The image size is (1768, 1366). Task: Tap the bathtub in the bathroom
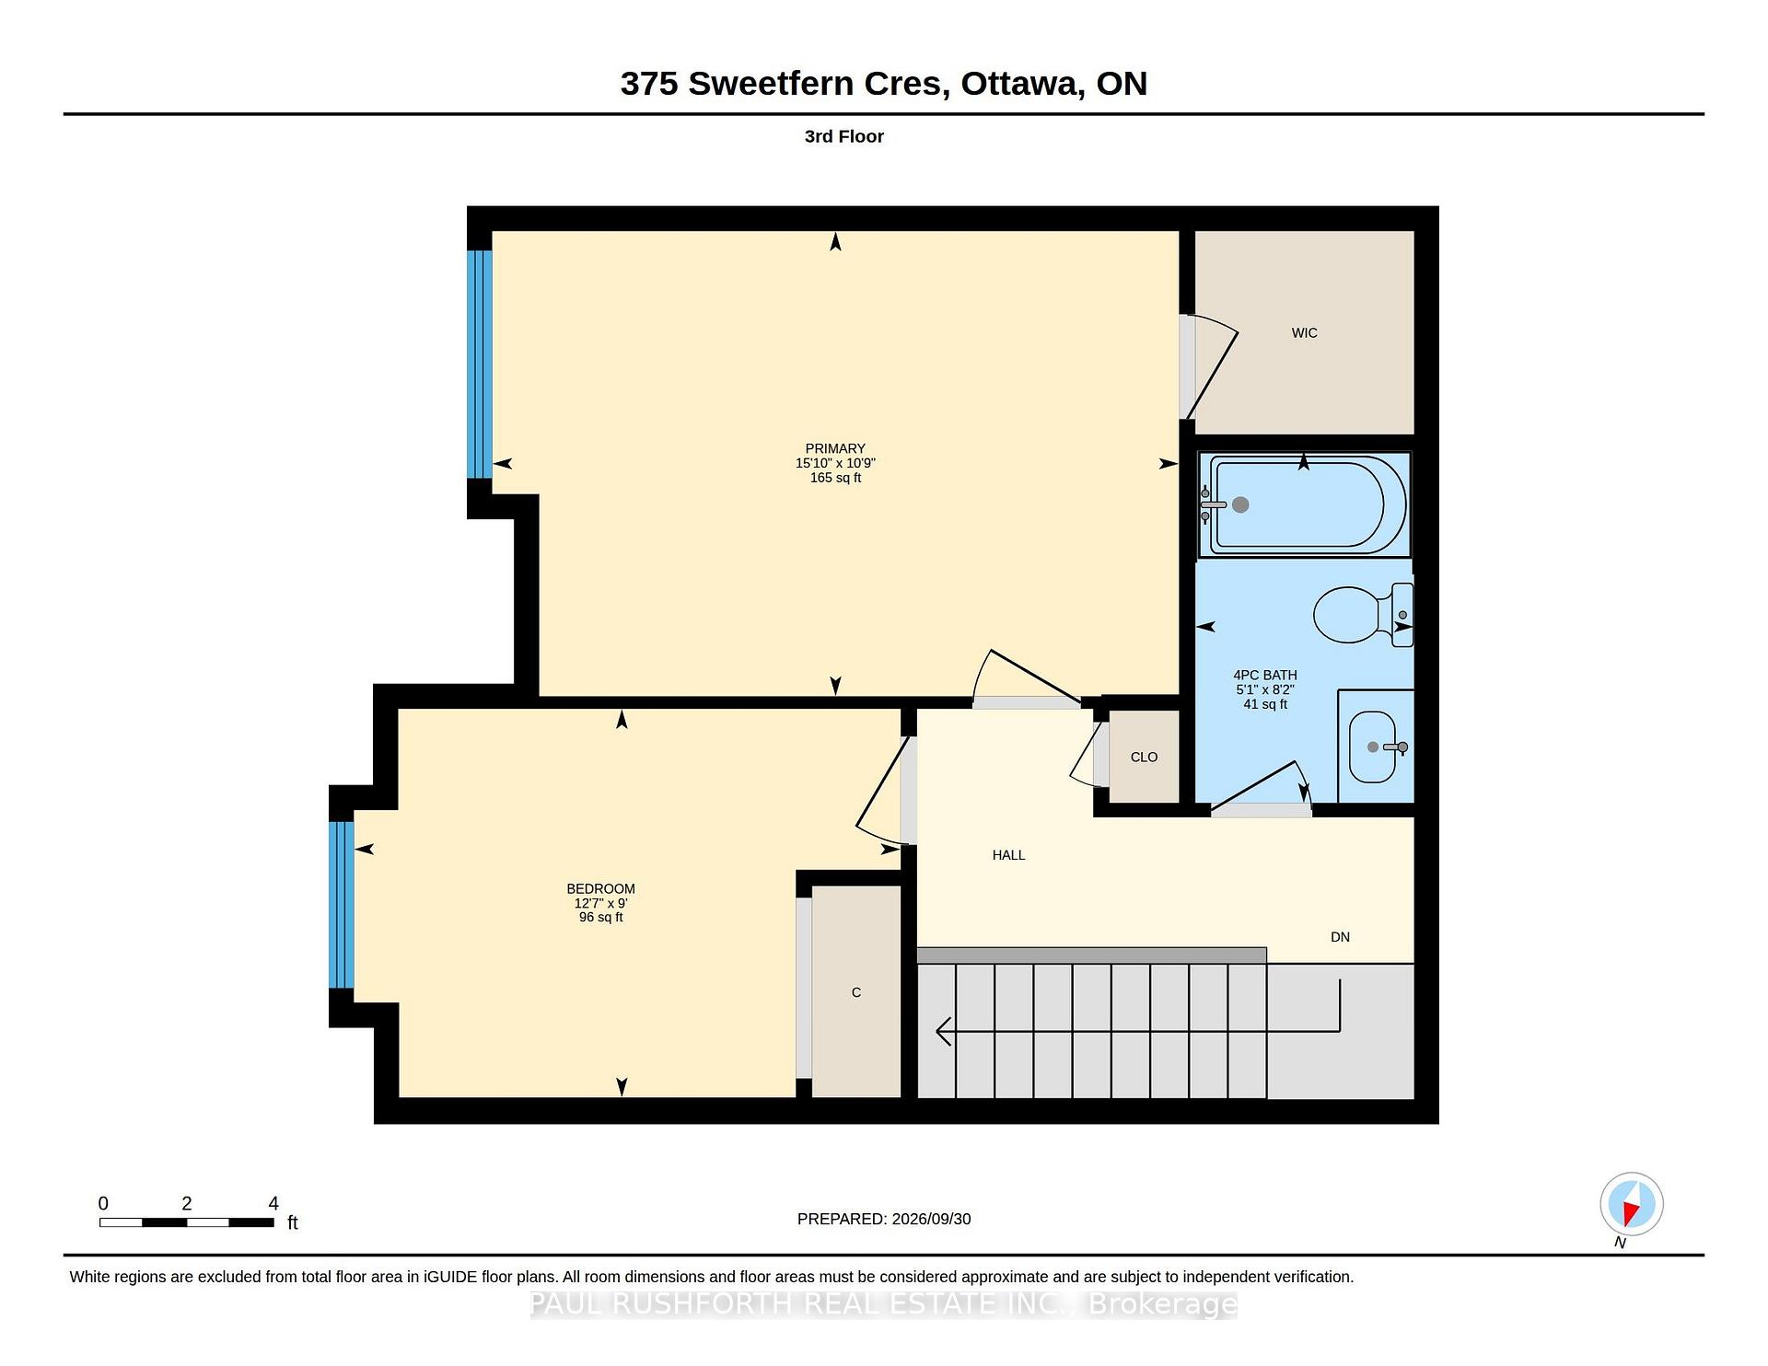pos(1304,504)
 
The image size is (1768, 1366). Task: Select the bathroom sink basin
pos(1373,747)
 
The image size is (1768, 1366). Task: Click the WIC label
pos(1304,333)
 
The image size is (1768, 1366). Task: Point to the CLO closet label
pos(1144,757)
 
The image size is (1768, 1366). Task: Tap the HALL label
pos(1008,855)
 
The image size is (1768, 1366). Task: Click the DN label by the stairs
pos(1340,937)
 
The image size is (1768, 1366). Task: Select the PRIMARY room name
pos(835,449)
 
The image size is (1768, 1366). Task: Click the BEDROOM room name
pos(600,889)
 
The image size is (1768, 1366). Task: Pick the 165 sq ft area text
pos(835,478)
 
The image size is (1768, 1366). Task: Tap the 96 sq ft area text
pos(600,918)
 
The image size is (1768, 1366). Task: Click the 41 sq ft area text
pos(1265,704)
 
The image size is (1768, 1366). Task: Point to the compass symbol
pos(1632,1204)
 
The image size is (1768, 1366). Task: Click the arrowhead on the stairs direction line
pos(943,1032)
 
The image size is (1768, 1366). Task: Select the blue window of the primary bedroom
pos(479,365)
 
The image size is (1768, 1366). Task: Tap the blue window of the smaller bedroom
pos(341,905)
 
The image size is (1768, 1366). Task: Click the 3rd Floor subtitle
pos(843,136)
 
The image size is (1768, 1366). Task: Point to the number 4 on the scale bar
pos(273,1203)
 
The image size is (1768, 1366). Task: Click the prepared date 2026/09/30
pos(931,1219)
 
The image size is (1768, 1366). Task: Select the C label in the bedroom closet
pos(856,992)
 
